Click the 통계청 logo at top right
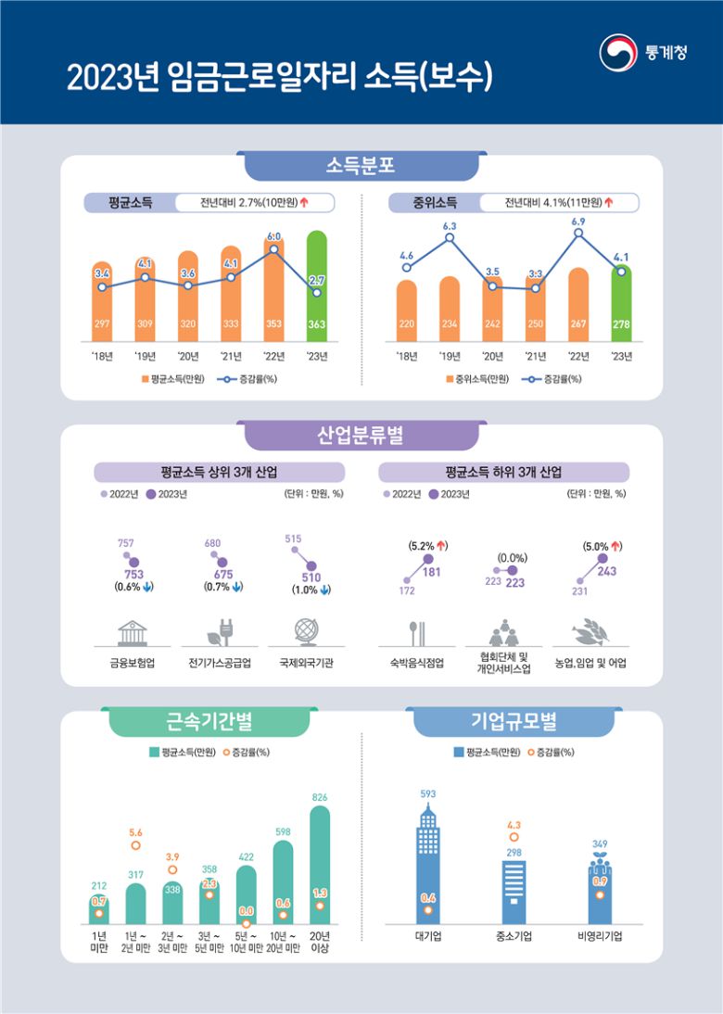tap(643, 53)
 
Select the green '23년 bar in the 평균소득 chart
tap(316, 287)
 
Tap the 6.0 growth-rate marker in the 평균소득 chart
tap(273, 248)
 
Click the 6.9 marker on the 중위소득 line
tap(577, 234)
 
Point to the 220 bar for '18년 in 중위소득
tap(406, 311)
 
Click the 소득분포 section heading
tap(361, 166)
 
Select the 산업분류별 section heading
tap(361, 434)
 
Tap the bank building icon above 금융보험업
tap(133, 632)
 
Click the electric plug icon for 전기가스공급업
tap(219, 632)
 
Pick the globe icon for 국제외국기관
tap(306, 631)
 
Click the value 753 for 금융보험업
tap(133, 574)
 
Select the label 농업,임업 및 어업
tap(590, 664)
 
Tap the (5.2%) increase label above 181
tap(428, 546)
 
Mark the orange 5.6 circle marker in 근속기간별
tap(135, 844)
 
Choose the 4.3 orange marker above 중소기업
tap(514, 837)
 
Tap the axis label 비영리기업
tap(599, 936)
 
